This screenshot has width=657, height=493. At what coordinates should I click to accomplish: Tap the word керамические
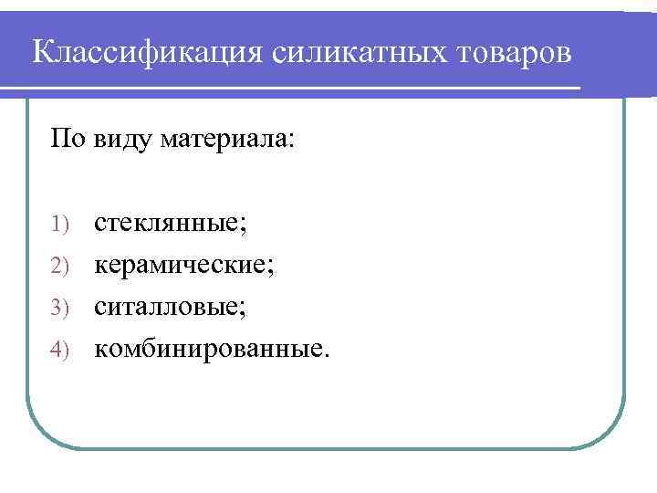181,266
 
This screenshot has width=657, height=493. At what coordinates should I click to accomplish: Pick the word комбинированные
206,348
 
